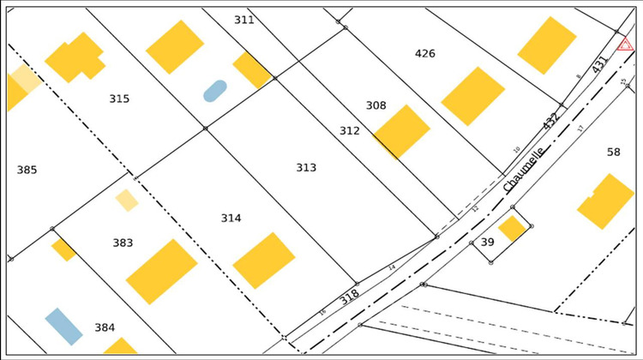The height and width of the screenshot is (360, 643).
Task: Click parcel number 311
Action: pyautogui.click(x=244, y=20)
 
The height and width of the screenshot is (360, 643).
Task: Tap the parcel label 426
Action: pyautogui.click(x=425, y=54)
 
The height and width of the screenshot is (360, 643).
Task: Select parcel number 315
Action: pyautogui.click(x=119, y=99)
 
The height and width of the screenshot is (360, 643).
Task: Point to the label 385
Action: pyautogui.click(x=27, y=171)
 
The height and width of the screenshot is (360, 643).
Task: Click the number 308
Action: pyautogui.click(x=376, y=106)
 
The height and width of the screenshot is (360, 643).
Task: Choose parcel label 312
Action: pyautogui.click(x=349, y=131)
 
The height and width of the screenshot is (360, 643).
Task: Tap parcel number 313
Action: pyautogui.click(x=306, y=168)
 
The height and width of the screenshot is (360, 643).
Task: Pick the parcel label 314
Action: pyautogui.click(x=231, y=219)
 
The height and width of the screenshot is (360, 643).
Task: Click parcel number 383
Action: pyautogui.click(x=123, y=243)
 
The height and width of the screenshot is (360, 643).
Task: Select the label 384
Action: pyautogui.click(x=105, y=327)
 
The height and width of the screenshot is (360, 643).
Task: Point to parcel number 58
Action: pyautogui.click(x=613, y=153)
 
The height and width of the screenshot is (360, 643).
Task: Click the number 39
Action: pyautogui.click(x=487, y=243)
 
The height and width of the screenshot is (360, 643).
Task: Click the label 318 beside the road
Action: pyautogui.click(x=349, y=297)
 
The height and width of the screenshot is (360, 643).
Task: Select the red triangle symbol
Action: pyautogui.click(x=625, y=44)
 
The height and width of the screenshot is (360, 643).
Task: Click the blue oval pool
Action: pyautogui.click(x=215, y=91)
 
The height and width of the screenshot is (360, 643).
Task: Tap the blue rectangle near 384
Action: pyautogui.click(x=64, y=326)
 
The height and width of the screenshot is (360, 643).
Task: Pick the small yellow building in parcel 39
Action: pyautogui.click(x=512, y=228)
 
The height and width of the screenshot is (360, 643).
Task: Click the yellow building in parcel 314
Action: pyautogui.click(x=264, y=261)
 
